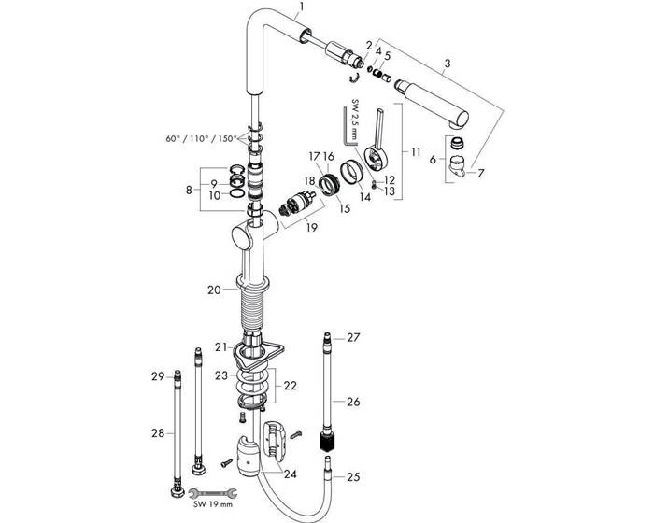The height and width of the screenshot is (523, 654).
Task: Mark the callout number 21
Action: coord(220,346)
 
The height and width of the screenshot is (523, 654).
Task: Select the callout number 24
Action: coord(291,474)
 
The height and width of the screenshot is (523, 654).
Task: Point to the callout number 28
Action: coord(157,432)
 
